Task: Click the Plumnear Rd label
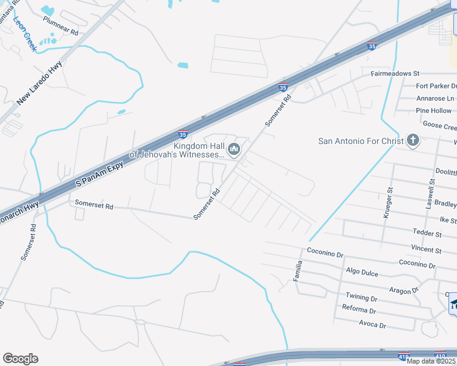61,26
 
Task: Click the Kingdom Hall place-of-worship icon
233,149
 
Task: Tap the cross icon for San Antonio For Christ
412,141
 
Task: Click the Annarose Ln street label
436,98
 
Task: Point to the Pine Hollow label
434,111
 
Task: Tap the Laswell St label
430,194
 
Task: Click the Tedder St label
427,234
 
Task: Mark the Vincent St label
426,250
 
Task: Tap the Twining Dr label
362,298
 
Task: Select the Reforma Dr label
359,310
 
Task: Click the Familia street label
299,269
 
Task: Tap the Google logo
20,359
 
